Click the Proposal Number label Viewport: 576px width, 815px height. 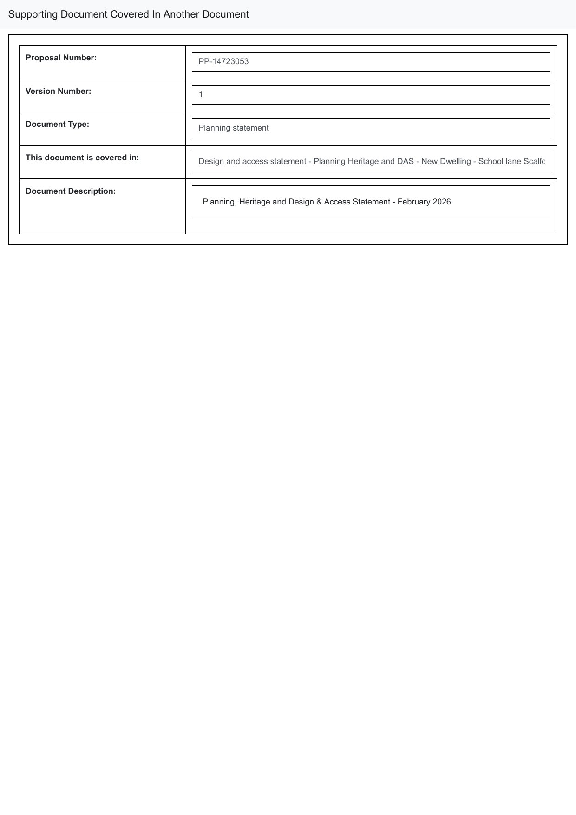point(61,58)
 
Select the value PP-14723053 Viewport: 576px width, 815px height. point(223,61)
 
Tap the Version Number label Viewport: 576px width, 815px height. point(58,91)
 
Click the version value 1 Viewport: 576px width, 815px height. point(201,95)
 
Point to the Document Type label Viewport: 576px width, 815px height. point(57,124)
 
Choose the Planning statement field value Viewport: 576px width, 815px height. point(233,128)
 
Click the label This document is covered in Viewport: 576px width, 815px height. point(82,158)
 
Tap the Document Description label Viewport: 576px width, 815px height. point(71,191)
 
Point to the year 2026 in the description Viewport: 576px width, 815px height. point(441,202)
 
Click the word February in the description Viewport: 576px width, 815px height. point(413,202)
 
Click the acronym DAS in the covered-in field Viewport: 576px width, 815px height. point(405,161)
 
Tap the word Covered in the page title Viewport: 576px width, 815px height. point(130,14)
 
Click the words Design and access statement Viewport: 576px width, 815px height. point(252,161)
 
